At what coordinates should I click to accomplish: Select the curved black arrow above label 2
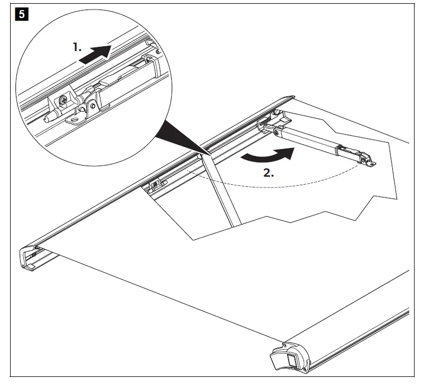266,154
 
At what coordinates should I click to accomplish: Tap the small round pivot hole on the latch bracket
94,105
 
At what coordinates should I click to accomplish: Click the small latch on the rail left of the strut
155,184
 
